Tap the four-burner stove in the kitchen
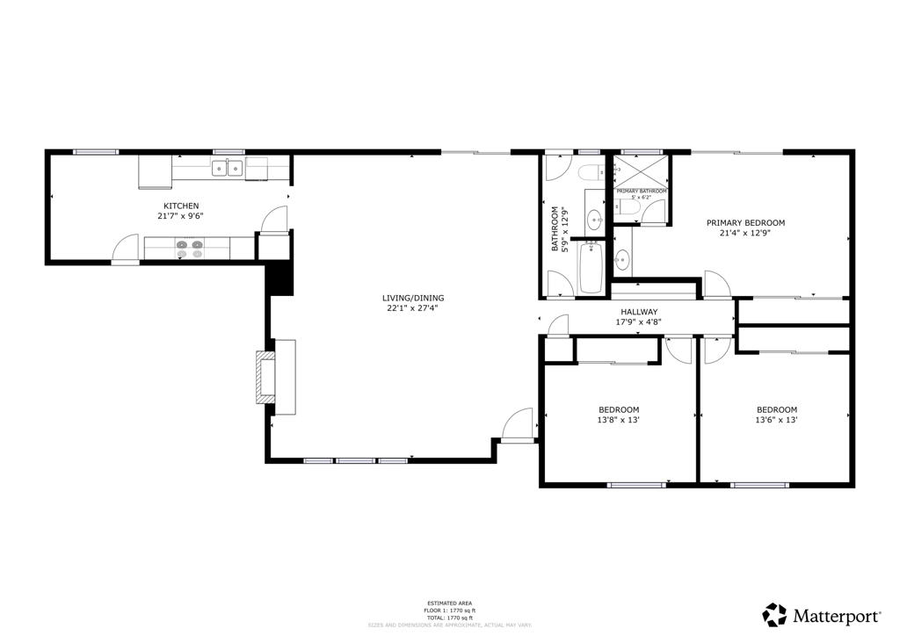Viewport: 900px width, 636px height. click(x=188, y=249)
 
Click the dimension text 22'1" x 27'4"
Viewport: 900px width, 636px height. click(x=412, y=308)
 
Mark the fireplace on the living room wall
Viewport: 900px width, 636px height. click(x=264, y=377)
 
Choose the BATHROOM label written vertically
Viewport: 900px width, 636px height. click(x=555, y=230)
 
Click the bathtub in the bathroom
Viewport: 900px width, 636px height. click(x=591, y=267)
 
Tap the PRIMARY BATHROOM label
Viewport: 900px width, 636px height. click(x=641, y=192)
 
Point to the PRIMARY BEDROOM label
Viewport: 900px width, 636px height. click(x=745, y=223)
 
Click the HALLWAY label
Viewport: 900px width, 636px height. click(x=639, y=312)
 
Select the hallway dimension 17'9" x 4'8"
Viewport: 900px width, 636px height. click(x=640, y=322)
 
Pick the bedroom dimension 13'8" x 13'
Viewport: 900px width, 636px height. click(x=619, y=420)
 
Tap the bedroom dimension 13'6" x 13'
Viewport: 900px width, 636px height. click(x=777, y=420)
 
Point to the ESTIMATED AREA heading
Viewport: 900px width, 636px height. click(x=449, y=603)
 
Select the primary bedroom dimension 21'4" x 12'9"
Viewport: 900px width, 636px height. click(x=745, y=234)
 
